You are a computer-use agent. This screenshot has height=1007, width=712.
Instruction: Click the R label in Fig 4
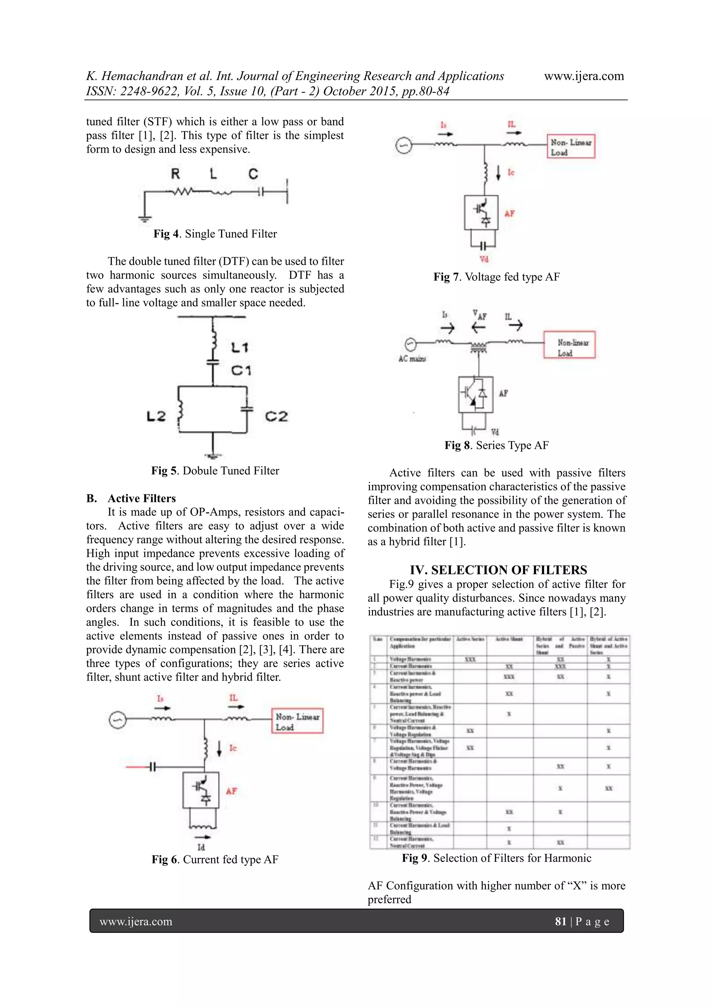tap(175, 174)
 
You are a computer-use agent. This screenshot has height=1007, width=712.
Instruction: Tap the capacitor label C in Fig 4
tap(253, 174)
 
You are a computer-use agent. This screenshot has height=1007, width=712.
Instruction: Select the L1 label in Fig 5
tap(240, 348)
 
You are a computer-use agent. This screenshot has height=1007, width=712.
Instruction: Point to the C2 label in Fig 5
tap(276, 416)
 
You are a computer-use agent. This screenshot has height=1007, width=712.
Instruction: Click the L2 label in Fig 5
tap(156, 416)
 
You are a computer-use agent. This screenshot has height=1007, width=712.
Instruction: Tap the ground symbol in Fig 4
tap(145, 219)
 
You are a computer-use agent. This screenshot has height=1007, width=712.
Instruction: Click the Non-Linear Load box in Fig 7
tap(571, 146)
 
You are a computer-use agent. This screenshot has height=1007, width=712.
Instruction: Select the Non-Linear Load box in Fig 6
tap(297, 721)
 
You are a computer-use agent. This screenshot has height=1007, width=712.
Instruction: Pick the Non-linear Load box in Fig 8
tap(569, 345)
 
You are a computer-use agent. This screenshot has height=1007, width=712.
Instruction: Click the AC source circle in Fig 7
tap(403, 146)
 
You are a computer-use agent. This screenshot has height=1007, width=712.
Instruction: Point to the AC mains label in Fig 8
tap(412, 359)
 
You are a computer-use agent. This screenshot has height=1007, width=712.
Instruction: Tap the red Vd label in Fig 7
tap(484, 259)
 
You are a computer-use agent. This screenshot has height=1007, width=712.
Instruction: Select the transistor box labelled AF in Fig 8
tap(476, 394)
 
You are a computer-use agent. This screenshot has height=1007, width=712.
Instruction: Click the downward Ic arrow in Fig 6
tap(219, 748)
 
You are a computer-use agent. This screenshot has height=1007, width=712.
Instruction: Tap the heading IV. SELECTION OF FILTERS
tap(498, 570)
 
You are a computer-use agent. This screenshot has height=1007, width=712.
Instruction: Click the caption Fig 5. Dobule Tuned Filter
tap(215, 471)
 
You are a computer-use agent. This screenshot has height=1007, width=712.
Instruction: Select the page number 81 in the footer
tap(560, 921)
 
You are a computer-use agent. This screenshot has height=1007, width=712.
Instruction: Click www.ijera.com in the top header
tap(584, 76)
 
